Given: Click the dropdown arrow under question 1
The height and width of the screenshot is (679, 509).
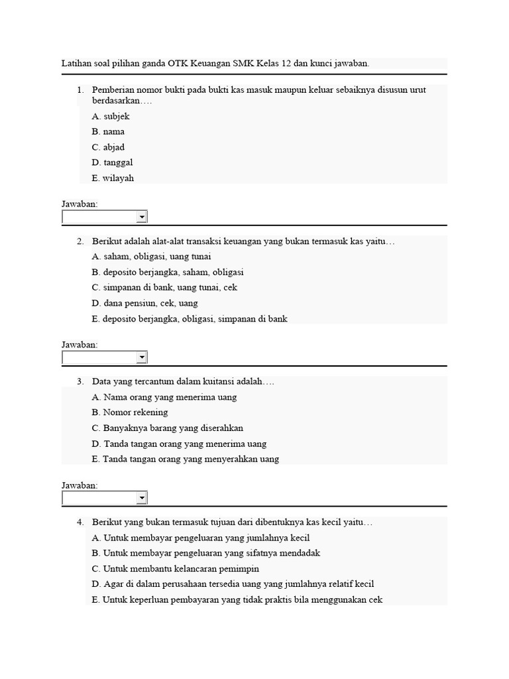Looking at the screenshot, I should tap(141, 217).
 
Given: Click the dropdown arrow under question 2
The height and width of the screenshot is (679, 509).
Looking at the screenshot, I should tap(141, 358).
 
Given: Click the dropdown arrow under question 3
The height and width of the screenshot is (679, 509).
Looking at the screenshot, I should tap(141, 499).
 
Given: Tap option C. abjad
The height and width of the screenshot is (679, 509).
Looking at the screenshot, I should tap(108, 147).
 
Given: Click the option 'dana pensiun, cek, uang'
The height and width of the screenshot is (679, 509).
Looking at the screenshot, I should tap(145, 303).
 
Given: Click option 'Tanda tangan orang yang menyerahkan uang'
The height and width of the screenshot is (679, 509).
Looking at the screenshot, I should tap(186, 459).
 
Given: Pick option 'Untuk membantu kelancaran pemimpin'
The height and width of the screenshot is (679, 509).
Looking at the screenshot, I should tap(176, 569).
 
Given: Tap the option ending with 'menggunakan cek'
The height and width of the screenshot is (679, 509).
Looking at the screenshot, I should tap(237, 600).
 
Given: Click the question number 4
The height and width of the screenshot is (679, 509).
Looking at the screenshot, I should tap(80, 523).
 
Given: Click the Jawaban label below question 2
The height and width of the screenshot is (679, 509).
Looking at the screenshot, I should tap(80, 345).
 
